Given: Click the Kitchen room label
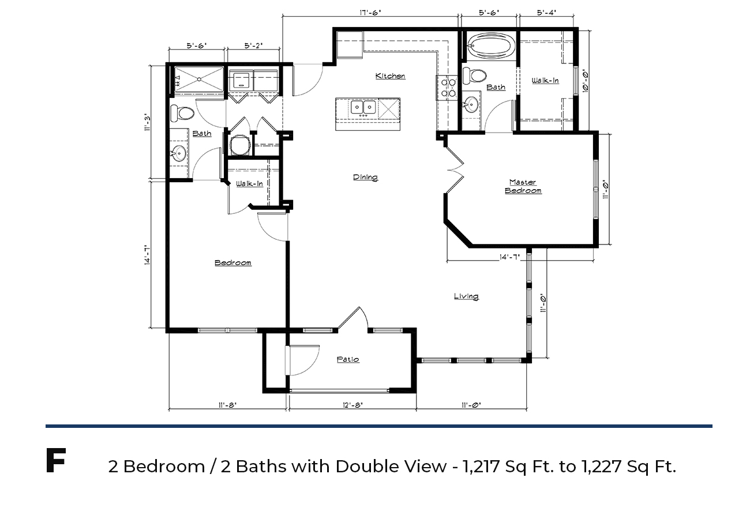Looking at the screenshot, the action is coord(391,76).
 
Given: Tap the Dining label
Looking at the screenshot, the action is coord(365,177).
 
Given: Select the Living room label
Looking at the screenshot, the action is coord(466,296).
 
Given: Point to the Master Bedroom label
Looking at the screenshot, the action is coord(523,186).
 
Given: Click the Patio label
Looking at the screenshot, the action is coord(348,359).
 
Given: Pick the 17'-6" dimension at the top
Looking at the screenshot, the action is coord(370,13).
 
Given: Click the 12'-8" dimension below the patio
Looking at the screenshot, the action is coord(352,405).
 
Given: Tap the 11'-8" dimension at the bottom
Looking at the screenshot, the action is coord(227,405).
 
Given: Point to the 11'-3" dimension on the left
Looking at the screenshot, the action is coord(147,122).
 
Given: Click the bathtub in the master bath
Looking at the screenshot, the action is coord(491,46).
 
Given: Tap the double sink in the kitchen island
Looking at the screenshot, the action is coord(363,107).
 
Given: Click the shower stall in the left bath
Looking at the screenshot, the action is coord(199,80).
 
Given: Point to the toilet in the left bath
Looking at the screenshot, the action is coord(182,114).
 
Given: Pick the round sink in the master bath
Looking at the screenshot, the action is coord(471,104).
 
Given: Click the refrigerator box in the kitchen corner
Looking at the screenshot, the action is coord(350,45).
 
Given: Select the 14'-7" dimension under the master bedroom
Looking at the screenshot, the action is coord(509,257).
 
